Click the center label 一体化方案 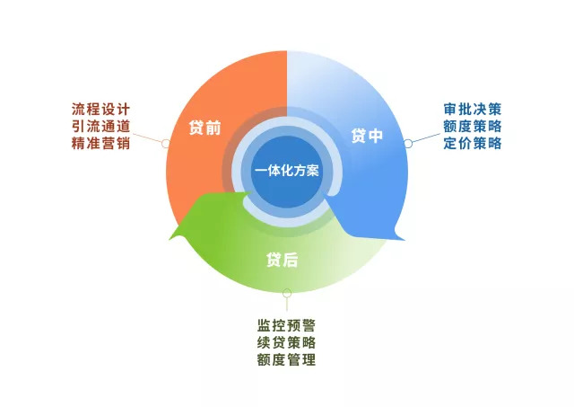(287, 171)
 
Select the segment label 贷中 (367, 137)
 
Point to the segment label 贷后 (281, 261)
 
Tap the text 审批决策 (473, 109)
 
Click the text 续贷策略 (286, 342)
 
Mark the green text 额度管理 (286, 360)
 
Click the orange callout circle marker (165, 143)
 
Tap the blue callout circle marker (409, 142)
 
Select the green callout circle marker (286, 291)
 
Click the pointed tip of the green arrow (170, 237)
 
